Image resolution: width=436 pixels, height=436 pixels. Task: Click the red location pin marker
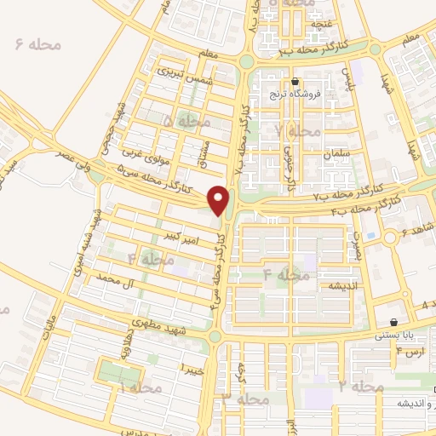tap(221, 201)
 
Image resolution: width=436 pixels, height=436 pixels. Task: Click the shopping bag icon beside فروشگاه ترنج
tap(295, 83)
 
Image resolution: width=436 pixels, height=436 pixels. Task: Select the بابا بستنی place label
tap(394, 336)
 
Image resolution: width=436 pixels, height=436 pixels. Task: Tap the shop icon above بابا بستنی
tap(393, 323)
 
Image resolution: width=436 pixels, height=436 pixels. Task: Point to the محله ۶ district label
tap(39, 43)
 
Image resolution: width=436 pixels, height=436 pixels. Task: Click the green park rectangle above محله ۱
tap(119, 372)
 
